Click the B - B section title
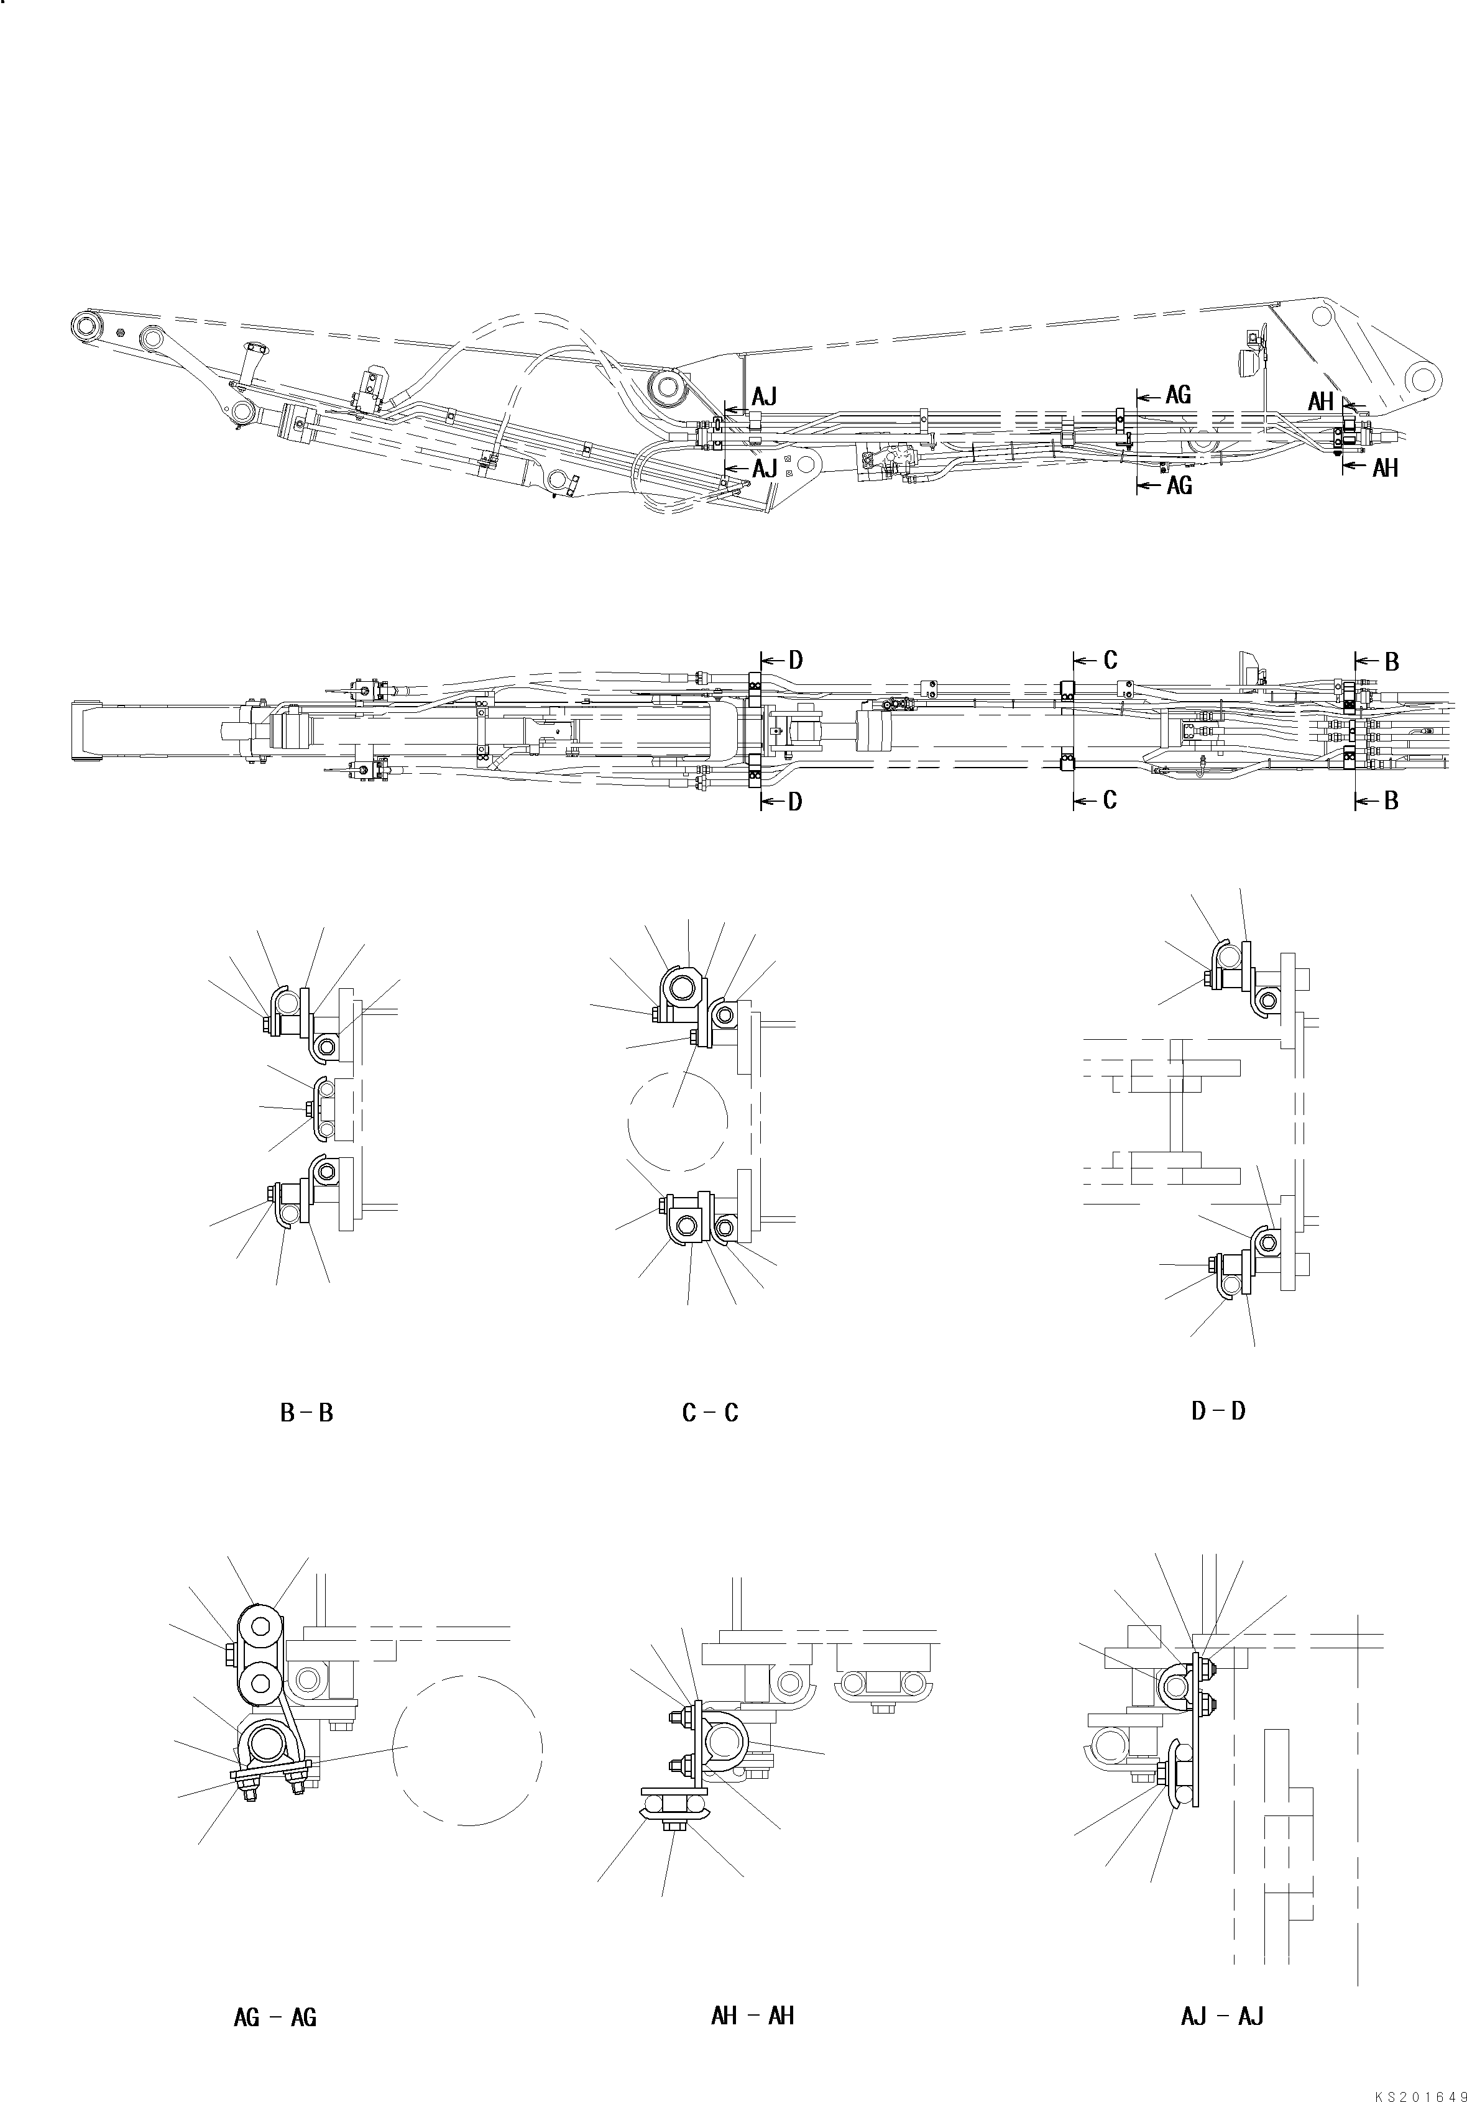point(306,1413)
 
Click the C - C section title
point(710,1413)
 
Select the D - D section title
point(1218,1411)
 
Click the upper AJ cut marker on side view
point(764,397)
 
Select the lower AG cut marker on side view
point(1179,486)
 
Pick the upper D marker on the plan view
point(795,660)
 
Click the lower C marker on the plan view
point(1109,800)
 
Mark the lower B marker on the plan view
point(1390,800)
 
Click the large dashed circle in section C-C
point(678,1121)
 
